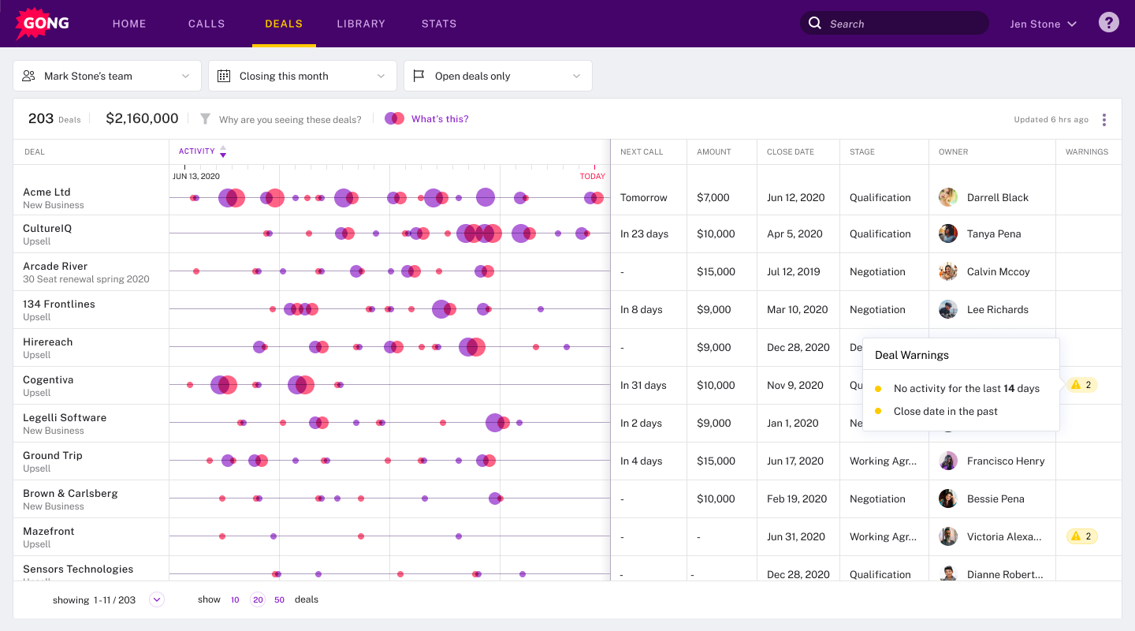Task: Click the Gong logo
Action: pos(43,24)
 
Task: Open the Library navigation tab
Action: pos(361,24)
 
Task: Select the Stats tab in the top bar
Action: pos(439,24)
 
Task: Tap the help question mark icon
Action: pos(1109,23)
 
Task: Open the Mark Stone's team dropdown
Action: pos(107,76)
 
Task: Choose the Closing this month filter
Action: pos(303,76)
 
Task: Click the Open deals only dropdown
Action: pos(498,76)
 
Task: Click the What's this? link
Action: pos(440,119)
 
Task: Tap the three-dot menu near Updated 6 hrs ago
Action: pos(1104,120)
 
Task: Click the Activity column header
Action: pos(197,151)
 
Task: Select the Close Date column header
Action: pos(790,151)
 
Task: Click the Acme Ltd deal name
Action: pos(47,192)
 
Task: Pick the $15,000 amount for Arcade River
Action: pos(716,271)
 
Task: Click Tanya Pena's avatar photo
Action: pos(948,233)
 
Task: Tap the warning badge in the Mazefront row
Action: pos(1081,536)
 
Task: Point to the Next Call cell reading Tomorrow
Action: pos(643,198)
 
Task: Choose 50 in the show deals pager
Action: pos(279,599)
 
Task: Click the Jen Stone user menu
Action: pos(1043,24)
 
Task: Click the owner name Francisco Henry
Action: pos(1006,461)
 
